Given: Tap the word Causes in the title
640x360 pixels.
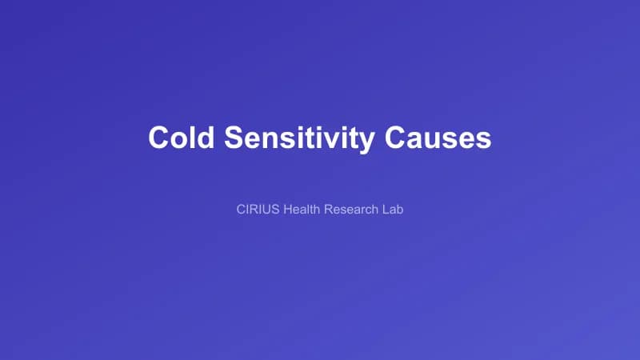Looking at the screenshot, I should coord(438,137).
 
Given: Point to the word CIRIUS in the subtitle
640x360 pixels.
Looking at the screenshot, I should coord(257,210).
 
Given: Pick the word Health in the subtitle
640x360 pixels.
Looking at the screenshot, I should coord(300,210).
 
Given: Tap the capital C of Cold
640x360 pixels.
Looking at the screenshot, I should coord(159,137).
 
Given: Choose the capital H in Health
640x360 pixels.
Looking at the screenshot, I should coord(286,210).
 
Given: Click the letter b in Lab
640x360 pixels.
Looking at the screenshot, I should coord(399,210).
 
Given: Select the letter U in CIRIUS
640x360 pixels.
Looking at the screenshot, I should coord(266,210).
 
